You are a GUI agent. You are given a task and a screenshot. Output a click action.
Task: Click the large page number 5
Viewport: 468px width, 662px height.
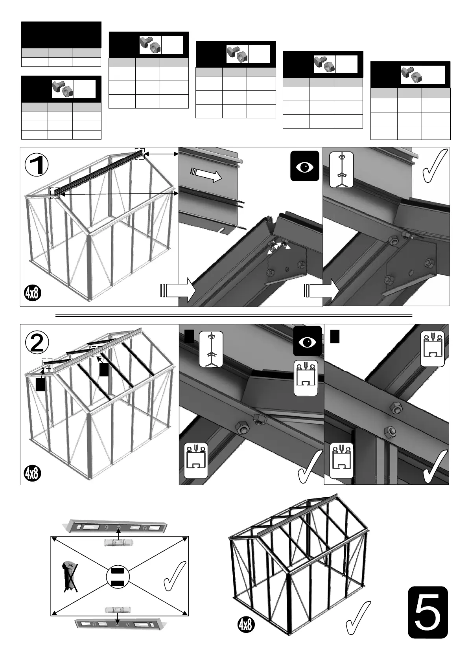427,612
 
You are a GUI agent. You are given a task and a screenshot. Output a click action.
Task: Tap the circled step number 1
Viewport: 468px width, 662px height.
37,165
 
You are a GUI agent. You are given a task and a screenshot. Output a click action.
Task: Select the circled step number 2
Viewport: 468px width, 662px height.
37,343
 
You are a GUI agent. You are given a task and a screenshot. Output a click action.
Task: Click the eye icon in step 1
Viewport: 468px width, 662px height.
304,166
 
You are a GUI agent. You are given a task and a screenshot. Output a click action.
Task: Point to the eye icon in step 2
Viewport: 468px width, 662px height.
307,342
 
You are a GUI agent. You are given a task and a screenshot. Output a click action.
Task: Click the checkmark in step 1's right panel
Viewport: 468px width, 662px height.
434,166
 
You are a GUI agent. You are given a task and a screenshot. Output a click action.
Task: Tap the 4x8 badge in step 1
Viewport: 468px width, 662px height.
33,293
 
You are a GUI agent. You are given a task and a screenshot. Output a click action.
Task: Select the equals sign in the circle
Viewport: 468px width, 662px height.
118,577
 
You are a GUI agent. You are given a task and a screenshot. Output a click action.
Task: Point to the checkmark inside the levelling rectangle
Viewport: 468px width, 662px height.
173,576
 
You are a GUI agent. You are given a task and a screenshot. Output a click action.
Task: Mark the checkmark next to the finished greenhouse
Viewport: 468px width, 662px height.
357,618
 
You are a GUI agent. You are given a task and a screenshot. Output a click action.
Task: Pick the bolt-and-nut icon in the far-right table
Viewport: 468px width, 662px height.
411,75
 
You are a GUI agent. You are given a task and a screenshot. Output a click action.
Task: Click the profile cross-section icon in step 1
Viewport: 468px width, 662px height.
342,170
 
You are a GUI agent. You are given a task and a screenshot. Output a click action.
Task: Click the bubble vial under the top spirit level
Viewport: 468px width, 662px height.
118,543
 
